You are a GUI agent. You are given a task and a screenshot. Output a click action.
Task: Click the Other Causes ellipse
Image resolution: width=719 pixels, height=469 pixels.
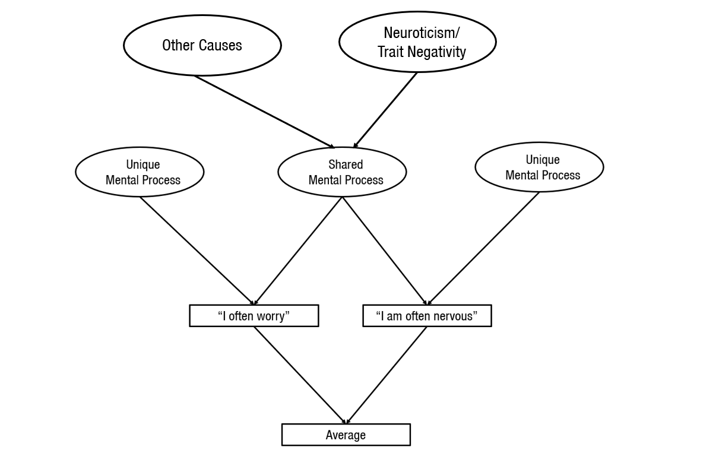pyautogui.click(x=202, y=45)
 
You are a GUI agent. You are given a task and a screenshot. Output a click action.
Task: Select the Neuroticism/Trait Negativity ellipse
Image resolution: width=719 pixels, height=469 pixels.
pyautogui.click(x=417, y=42)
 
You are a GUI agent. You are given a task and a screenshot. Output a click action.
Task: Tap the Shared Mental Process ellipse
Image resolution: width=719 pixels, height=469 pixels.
pyautogui.click(x=342, y=172)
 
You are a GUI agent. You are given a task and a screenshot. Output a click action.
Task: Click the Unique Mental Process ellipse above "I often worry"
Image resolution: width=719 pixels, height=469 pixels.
pyautogui.click(x=140, y=172)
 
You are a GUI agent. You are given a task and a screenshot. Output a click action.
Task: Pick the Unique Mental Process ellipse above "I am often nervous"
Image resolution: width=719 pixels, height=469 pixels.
pyautogui.click(x=539, y=167)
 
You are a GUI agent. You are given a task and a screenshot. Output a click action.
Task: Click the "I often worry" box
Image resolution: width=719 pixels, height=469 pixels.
pyautogui.click(x=254, y=316)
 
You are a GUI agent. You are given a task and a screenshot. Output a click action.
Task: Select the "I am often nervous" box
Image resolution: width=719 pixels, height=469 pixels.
pyautogui.click(x=427, y=316)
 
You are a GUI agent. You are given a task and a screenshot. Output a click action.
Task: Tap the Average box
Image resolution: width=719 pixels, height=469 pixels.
pyautogui.click(x=346, y=435)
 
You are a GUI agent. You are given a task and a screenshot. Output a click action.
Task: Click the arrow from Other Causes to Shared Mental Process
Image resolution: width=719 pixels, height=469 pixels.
pyautogui.click(x=264, y=112)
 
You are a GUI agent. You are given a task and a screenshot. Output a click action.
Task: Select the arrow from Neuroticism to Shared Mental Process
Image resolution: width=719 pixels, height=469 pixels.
pyautogui.click(x=385, y=110)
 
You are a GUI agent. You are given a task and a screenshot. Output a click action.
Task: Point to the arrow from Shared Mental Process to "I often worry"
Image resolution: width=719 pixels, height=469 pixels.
pyautogui.click(x=298, y=251)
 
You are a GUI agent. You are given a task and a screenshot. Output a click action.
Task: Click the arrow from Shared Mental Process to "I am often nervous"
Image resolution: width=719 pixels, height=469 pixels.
pyautogui.click(x=384, y=251)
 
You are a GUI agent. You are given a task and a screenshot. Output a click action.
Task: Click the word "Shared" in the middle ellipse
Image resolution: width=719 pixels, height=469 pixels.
pyautogui.click(x=346, y=164)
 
